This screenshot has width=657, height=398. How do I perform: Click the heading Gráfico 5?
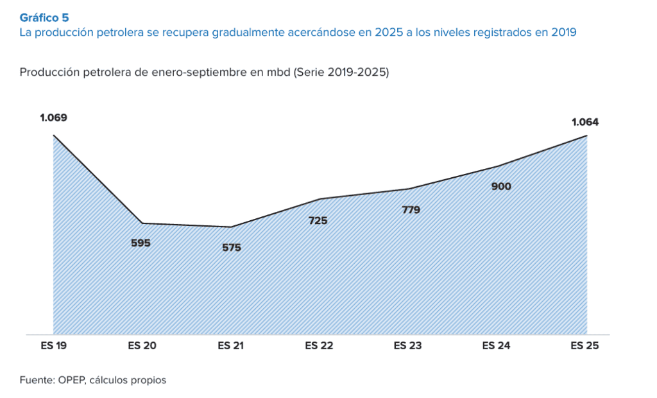[x=44, y=17]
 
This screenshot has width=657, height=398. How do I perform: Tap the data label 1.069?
[x=53, y=117]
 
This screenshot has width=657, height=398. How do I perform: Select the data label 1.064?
[x=585, y=122]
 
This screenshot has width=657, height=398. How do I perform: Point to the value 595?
[x=141, y=243]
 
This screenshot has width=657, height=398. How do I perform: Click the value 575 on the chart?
[x=231, y=247]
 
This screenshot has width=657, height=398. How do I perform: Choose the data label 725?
[x=318, y=220]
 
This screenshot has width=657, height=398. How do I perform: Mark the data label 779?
[x=411, y=209]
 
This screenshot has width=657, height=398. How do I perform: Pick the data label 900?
[x=501, y=186]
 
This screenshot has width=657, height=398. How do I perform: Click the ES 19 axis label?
[x=53, y=346]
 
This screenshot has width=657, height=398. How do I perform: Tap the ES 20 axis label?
[x=142, y=346]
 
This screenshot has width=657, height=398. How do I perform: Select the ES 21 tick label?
[x=231, y=346]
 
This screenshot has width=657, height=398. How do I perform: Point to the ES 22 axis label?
[x=320, y=346]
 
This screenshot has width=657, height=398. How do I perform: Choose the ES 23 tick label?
[x=408, y=346]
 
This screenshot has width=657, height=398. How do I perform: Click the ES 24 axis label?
[x=497, y=346]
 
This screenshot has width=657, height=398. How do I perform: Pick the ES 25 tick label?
[x=585, y=346]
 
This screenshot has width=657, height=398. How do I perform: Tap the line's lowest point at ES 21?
[x=231, y=227]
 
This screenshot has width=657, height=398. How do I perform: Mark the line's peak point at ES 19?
[x=53, y=135]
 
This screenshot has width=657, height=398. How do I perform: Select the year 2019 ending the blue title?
[x=563, y=33]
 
